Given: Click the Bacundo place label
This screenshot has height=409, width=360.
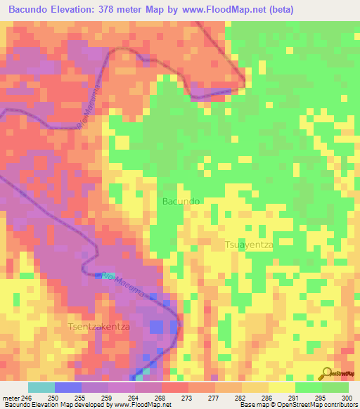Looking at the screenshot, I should (x=181, y=201).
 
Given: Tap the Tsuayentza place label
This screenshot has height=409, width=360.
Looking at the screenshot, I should (x=248, y=245).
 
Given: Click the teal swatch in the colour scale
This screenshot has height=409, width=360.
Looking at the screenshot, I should (x=41, y=387).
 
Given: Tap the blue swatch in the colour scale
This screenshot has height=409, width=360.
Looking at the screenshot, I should (x=67, y=387).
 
